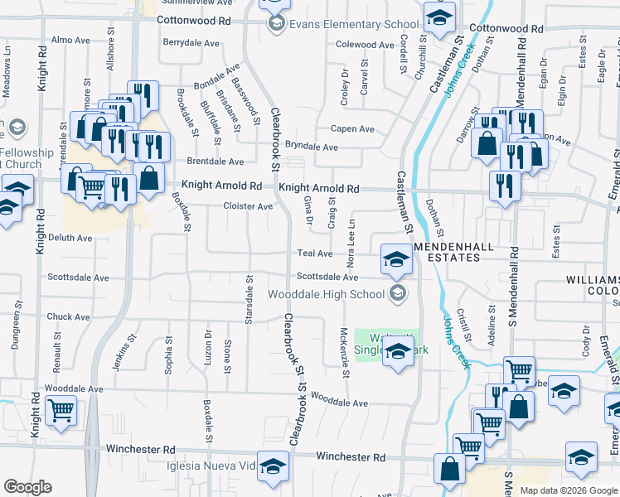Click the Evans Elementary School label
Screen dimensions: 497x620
click(x=342, y=24)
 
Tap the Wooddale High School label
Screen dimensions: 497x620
click(x=326, y=294)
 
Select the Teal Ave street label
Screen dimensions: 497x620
click(x=315, y=253)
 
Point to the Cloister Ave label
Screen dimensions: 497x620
click(x=248, y=206)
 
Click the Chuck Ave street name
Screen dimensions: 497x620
click(x=69, y=317)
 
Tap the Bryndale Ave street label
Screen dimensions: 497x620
click(x=312, y=147)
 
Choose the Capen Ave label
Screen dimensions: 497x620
click(x=353, y=129)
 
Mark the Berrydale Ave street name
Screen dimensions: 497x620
click(x=191, y=42)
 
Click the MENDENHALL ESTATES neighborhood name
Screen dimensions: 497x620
click(x=448, y=253)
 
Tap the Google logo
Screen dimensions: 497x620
click(x=27, y=487)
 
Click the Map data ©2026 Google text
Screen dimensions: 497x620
click(x=568, y=490)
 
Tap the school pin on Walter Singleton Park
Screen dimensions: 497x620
click(x=398, y=352)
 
